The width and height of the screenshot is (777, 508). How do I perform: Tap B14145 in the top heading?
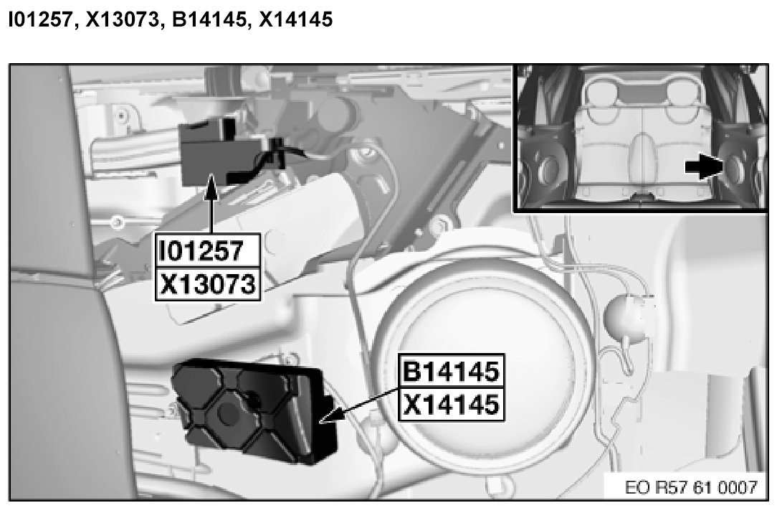pos(209,19)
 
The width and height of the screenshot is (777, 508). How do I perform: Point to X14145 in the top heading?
pos(296,19)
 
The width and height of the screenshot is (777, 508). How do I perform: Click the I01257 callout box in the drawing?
pos(208,250)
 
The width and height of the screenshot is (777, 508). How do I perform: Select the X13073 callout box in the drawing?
pos(208,284)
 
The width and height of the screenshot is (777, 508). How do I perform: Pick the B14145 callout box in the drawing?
pos(452,370)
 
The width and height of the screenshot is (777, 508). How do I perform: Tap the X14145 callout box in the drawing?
pos(452,404)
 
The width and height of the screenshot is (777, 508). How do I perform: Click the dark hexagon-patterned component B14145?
pos(253,412)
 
